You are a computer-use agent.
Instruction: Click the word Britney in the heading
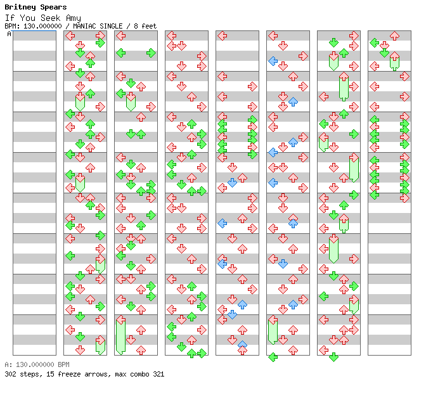(18, 8)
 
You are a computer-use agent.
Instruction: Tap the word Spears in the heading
(51, 8)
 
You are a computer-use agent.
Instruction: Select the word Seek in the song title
(49, 18)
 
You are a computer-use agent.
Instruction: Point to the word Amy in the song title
(73, 18)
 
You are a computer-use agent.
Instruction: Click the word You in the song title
(27, 18)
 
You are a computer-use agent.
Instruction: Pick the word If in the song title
(9, 18)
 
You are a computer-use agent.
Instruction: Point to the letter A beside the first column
(9, 34)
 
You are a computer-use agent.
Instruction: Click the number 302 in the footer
(10, 375)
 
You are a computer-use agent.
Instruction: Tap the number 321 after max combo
(158, 375)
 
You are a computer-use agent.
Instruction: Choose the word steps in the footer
(29, 375)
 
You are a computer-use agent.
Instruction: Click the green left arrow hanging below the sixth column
(273, 357)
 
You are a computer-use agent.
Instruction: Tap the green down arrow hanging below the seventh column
(333, 357)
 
